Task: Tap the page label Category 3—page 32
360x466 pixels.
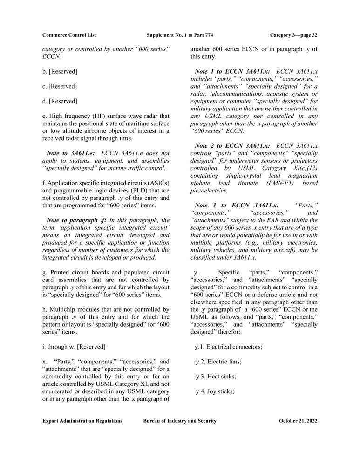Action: pos(293,35)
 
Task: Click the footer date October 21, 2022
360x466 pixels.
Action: pos(298,421)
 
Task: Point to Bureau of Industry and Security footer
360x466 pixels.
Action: pos(180,421)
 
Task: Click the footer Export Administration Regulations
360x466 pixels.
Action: pos(82,421)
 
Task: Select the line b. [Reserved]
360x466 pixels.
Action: pos(60,71)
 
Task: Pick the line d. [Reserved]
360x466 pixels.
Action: pos(60,101)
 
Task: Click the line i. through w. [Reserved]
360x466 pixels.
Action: pos(74,346)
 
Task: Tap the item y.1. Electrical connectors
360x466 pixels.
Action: pos(229,347)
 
